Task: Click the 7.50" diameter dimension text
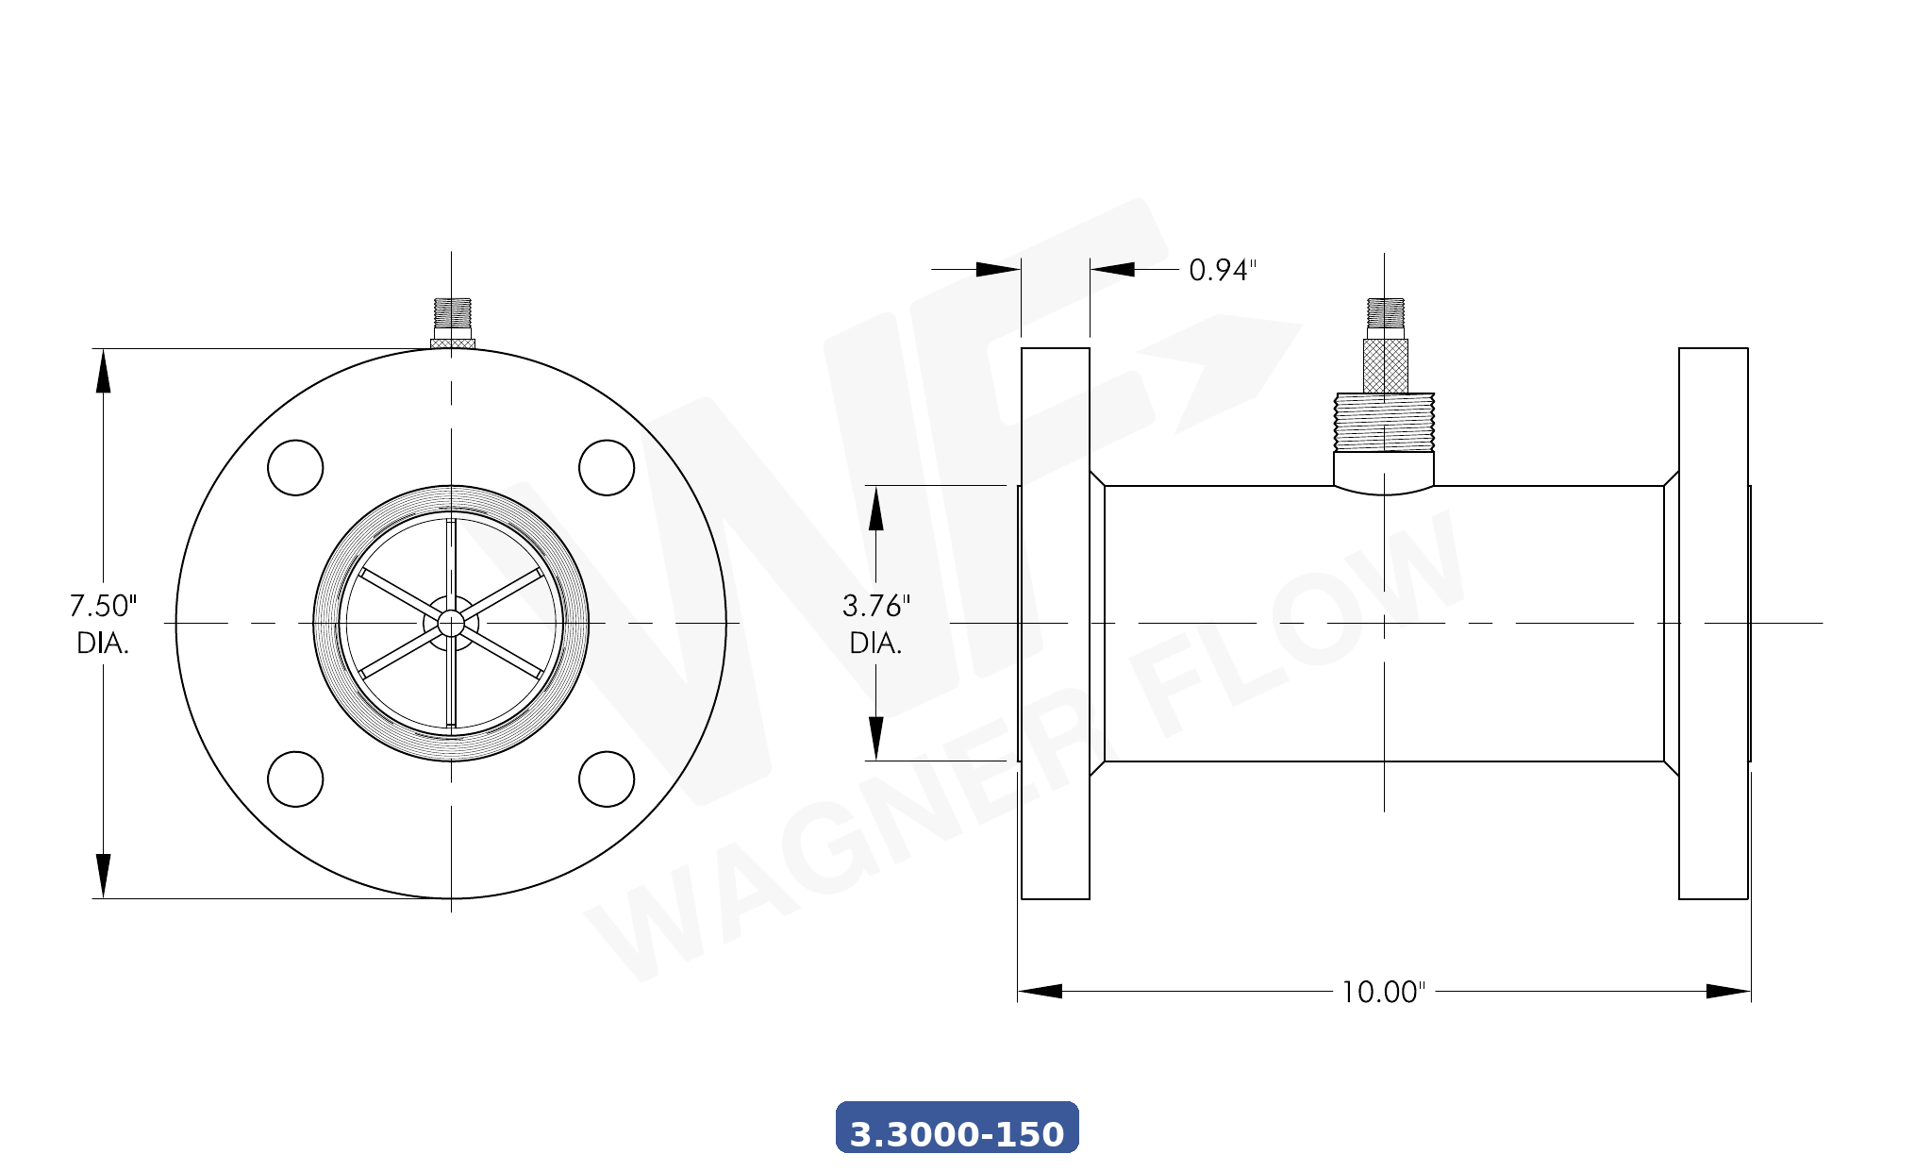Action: [x=103, y=623]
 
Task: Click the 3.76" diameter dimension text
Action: [x=875, y=623]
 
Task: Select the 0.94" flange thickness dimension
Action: [x=1222, y=270]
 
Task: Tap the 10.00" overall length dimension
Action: [x=1383, y=992]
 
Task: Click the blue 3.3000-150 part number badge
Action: [x=957, y=1129]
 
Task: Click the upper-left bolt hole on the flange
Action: [x=295, y=467]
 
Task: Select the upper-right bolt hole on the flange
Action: [x=607, y=467]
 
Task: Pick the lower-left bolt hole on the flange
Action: [x=295, y=779]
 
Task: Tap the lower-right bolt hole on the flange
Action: [x=607, y=779]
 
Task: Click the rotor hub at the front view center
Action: [x=451, y=623]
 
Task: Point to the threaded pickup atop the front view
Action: [x=453, y=313]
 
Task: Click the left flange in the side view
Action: [x=1056, y=623]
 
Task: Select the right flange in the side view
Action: [x=1713, y=623]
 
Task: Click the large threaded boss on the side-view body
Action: [x=1384, y=423]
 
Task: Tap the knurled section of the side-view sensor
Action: [x=1385, y=366]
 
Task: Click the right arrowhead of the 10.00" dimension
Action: [x=1728, y=991]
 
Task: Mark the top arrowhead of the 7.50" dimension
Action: [x=103, y=370]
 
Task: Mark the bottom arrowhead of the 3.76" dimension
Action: [x=875, y=738]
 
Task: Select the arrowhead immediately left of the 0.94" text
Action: [x=1113, y=269]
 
